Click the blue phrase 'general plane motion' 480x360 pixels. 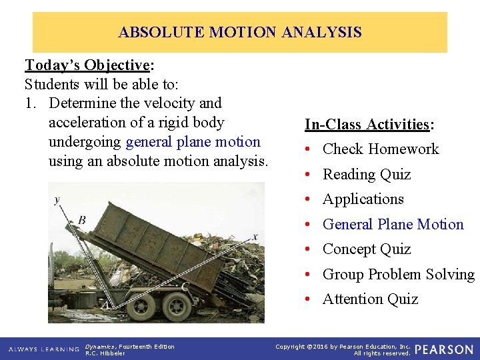pos(193,142)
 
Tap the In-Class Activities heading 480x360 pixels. pos(369,125)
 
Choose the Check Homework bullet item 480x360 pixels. pos(381,149)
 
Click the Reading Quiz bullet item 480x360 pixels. pos(367,175)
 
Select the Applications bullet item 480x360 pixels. pos(363,199)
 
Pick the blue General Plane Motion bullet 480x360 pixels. pos(393,225)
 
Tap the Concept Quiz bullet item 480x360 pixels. pos(367,249)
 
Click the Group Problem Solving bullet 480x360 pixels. pos(398,275)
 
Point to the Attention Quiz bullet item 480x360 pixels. pos(370,300)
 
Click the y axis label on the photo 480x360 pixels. pos(57,199)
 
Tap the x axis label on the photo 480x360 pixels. pos(255,236)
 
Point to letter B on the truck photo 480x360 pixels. pos(81,220)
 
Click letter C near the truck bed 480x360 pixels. pos(185,286)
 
